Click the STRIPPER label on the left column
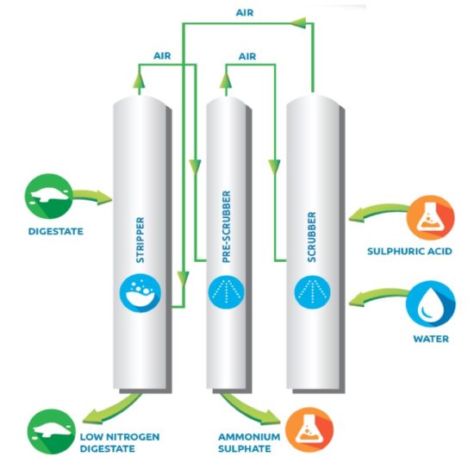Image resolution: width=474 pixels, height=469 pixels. pos(140,240)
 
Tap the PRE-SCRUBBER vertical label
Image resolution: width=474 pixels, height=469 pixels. pos(226,227)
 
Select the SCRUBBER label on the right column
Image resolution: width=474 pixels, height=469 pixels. pos(312,237)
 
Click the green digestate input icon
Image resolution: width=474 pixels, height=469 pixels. pos(48,197)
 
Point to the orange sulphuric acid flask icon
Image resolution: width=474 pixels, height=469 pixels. pos(430,218)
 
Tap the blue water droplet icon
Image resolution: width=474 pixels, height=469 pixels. pos(430,304)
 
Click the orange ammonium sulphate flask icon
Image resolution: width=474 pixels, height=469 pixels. pos(309,429)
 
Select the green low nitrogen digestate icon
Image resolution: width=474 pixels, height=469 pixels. pos(52,432)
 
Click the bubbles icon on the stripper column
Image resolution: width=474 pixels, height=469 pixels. pos(140,293)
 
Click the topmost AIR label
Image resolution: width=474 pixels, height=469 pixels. pos(245,13)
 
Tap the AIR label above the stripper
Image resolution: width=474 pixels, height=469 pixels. pos(162,56)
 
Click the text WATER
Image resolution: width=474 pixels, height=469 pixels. pos(431,339)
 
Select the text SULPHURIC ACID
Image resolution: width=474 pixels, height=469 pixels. pos(409,251)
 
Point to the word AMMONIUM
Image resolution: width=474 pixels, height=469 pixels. pos(249,437)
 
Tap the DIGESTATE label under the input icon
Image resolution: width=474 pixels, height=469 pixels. pos(56,232)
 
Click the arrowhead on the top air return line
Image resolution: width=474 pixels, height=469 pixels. pos(298,22)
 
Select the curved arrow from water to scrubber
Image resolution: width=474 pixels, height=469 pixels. pos(377,295)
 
